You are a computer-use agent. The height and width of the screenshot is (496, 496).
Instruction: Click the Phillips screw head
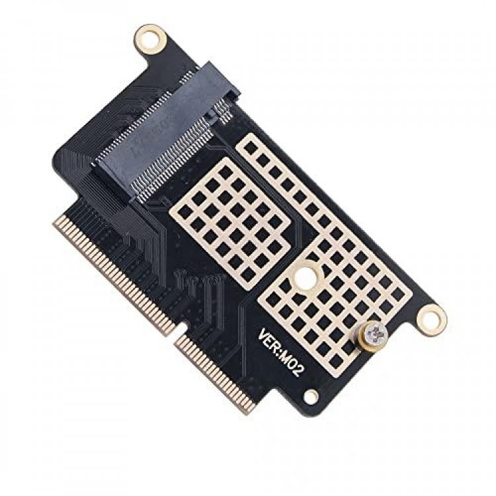(376, 334)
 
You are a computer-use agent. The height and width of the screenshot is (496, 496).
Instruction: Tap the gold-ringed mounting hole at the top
(150, 40)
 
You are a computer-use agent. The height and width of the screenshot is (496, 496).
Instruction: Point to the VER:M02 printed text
(279, 352)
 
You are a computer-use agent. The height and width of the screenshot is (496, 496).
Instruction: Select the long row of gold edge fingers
(114, 274)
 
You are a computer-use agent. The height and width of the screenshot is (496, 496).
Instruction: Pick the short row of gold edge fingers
(216, 373)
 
